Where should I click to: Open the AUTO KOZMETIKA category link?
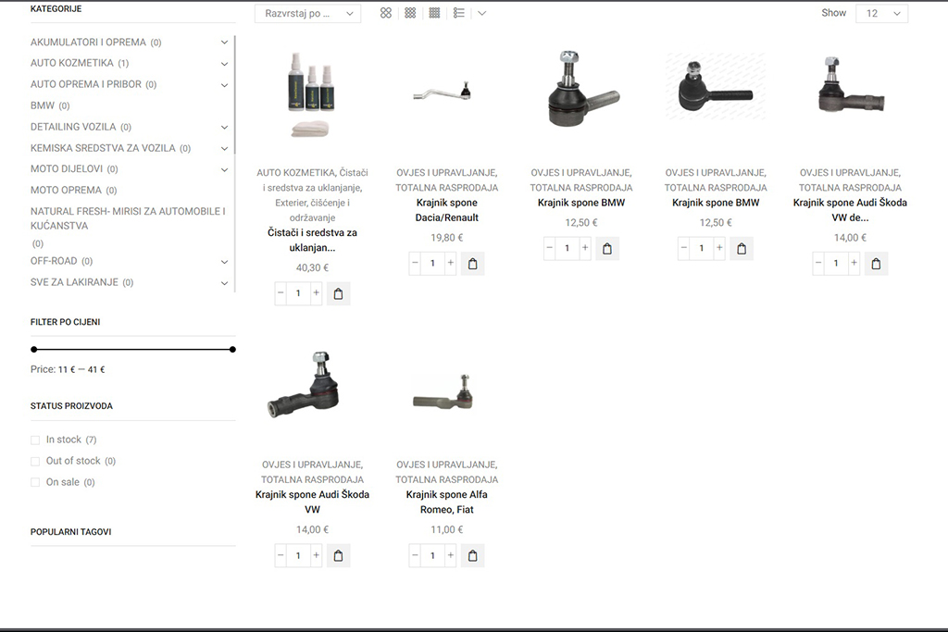(x=72, y=63)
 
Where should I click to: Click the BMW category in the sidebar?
(x=43, y=105)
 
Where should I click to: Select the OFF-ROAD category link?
(x=54, y=261)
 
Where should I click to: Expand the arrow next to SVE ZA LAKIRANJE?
(x=224, y=283)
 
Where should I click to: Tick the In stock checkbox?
(x=35, y=440)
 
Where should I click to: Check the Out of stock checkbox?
(x=35, y=461)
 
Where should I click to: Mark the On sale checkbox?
(x=35, y=482)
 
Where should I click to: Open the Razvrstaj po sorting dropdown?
(x=307, y=13)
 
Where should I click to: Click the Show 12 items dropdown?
(x=881, y=13)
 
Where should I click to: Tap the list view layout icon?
(x=459, y=13)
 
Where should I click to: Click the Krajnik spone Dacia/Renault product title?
(x=447, y=210)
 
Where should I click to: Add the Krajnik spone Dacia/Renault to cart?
(x=473, y=264)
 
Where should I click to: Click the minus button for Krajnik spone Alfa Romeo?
(x=415, y=556)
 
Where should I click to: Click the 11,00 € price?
(x=447, y=529)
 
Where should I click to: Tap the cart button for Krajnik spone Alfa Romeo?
(x=473, y=556)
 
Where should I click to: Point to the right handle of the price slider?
(x=232, y=349)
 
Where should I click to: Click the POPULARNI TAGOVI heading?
(x=70, y=532)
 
